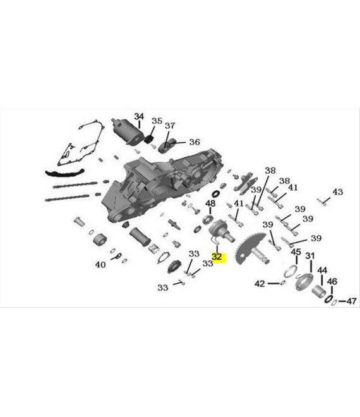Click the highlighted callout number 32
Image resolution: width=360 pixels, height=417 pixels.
pyautogui.click(x=217, y=257)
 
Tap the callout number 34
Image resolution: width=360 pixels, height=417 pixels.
pyautogui.click(x=139, y=116)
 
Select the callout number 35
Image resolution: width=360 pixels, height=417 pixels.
pyautogui.click(x=157, y=121)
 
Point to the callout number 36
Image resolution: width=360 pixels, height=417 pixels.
pyautogui.click(x=195, y=142)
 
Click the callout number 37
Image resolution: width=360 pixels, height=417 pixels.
pyautogui.click(x=170, y=126)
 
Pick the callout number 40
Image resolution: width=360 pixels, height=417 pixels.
pyautogui.click(x=100, y=265)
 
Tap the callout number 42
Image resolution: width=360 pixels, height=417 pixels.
pyautogui.click(x=260, y=284)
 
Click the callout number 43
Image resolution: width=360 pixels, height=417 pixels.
pyautogui.click(x=338, y=191)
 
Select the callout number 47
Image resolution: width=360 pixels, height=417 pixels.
pyautogui.click(x=351, y=301)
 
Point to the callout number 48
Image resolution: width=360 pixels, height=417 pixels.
pyautogui.click(x=210, y=203)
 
